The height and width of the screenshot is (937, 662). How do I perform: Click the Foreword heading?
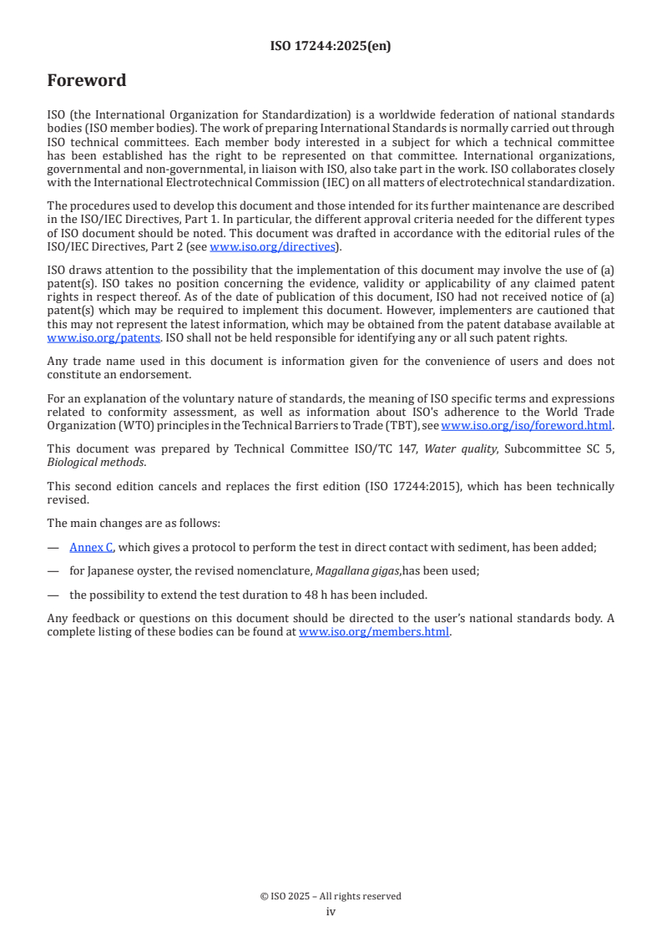pyautogui.click(x=87, y=81)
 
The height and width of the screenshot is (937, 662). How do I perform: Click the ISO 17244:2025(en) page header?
pyautogui.click(x=331, y=47)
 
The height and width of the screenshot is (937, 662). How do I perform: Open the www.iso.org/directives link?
pyautogui.click(x=271, y=247)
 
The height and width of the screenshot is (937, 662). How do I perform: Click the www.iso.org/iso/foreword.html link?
pyautogui.click(x=526, y=426)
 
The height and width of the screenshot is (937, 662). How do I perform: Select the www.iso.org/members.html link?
pyautogui.click(x=374, y=632)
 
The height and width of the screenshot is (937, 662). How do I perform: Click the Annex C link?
pyautogui.click(x=91, y=548)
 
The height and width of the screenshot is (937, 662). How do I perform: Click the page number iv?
pyautogui.click(x=331, y=912)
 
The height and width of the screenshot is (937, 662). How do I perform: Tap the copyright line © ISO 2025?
pyautogui.click(x=331, y=896)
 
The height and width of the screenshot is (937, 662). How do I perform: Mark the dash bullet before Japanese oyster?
pyautogui.click(x=53, y=572)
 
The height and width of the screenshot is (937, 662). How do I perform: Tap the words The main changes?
pyautogui.click(x=90, y=524)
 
